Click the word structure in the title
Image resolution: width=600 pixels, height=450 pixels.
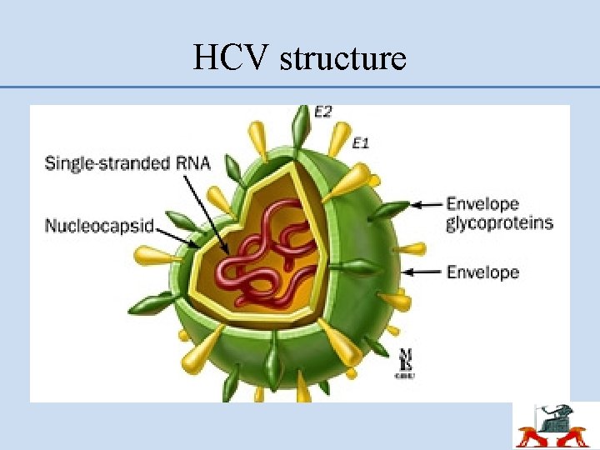click(x=343, y=58)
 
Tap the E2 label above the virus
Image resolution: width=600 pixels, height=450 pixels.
click(x=324, y=111)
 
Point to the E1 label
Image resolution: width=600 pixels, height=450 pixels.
click(x=360, y=142)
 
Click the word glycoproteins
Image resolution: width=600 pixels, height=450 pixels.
click(x=499, y=223)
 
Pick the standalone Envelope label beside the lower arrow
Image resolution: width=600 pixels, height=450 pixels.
click(x=482, y=272)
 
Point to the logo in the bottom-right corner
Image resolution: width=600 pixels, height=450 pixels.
click(x=555, y=427)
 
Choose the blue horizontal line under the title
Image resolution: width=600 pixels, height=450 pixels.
click(x=300, y=87)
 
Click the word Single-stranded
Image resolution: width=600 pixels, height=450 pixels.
click(x=97, y=162)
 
